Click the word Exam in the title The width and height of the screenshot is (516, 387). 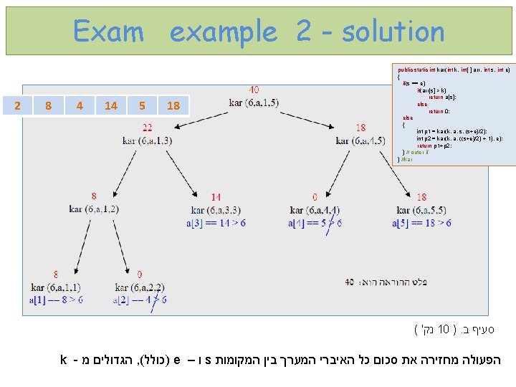tap(108, 32)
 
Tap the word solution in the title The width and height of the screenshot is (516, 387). tap(393, 32)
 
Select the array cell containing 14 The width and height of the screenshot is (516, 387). tap(110, 106)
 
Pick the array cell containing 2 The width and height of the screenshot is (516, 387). tap(17, 106)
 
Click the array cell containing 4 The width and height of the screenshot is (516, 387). tap(79, 106)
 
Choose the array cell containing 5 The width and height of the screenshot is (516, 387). tap(142, 106)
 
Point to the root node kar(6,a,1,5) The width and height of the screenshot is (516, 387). tap(254, 102)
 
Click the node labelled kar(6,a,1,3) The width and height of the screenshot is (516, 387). tap(147, 140)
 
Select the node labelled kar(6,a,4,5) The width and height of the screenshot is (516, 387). tap(360, 140)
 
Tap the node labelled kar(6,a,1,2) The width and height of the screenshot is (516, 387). tap(94, 209)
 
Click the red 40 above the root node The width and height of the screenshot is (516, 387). tap(254, 90)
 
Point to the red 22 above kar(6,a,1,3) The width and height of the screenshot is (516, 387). tap(147, 128)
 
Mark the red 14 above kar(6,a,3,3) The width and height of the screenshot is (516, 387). tap(216, 197)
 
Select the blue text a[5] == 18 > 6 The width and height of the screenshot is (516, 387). tap(421, 223)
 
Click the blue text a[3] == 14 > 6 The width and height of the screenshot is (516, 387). tap(216, 223)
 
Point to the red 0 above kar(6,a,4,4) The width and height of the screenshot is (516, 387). tap(315, 197)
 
